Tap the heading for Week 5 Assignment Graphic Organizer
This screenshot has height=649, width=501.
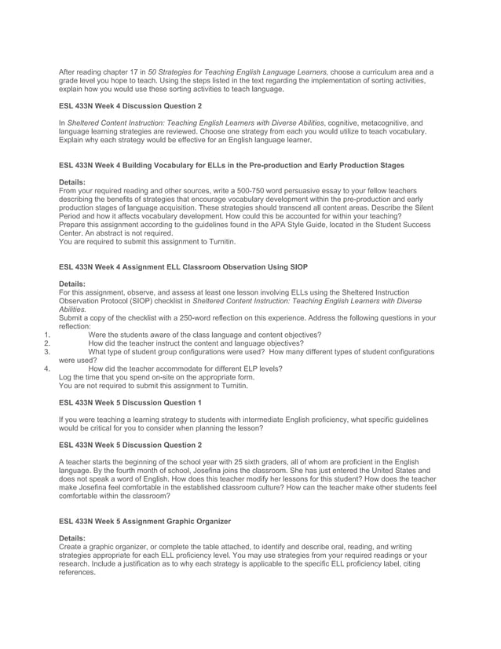click(x=145, y=521)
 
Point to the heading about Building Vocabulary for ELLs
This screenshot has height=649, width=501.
click(x=232, y=165)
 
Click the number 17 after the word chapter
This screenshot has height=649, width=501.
click(x=135, y=72)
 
